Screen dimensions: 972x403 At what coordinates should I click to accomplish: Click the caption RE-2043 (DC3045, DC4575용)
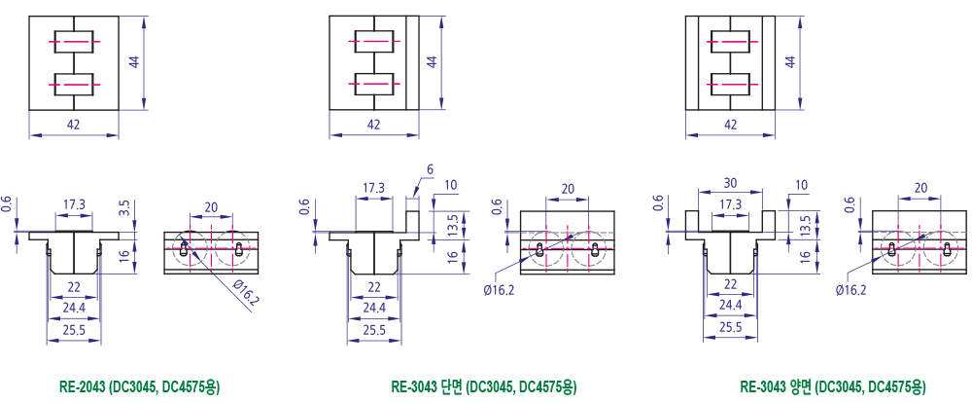pyautogui.click(x=139, y=387)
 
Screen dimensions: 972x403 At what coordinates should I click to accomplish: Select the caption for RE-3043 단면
pyautogui.click(x=483, y=387)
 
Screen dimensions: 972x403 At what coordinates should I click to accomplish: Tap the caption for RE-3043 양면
pyautogui.click(x=833, y=387)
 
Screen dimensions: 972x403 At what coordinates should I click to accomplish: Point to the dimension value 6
pyautogui.click(x=431, y=169)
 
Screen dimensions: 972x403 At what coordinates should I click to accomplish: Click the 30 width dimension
pyautogui.click(x=730, y=184)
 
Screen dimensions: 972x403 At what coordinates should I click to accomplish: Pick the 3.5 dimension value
pyautogui.click(x=125, y=206)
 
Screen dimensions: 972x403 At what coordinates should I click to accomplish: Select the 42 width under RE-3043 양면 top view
pyautogui.click(x=730, y=125)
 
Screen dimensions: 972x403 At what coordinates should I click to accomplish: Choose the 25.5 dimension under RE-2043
pyautogui.click(x=74, y=330)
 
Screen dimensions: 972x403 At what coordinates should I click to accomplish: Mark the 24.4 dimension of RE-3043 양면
pyautogui.click(x=730, y=305)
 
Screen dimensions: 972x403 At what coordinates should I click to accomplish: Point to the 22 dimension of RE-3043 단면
pyautogui.click(x=374, y=287)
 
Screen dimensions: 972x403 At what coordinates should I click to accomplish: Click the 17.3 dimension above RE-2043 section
pyautogui.click(x=74, y=203)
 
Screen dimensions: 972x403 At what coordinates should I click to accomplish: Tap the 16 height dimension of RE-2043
pyautogui.click(x=125, y=255)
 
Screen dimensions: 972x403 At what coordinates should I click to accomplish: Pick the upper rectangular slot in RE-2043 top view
pyautogui.click(x=74, y=42)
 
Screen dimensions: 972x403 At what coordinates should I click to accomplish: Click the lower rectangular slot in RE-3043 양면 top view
pyautogui.click(x=730, y=84)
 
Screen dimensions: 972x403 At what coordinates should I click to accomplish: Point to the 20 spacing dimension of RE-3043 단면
pyautogui.click(x=568, y=189)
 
